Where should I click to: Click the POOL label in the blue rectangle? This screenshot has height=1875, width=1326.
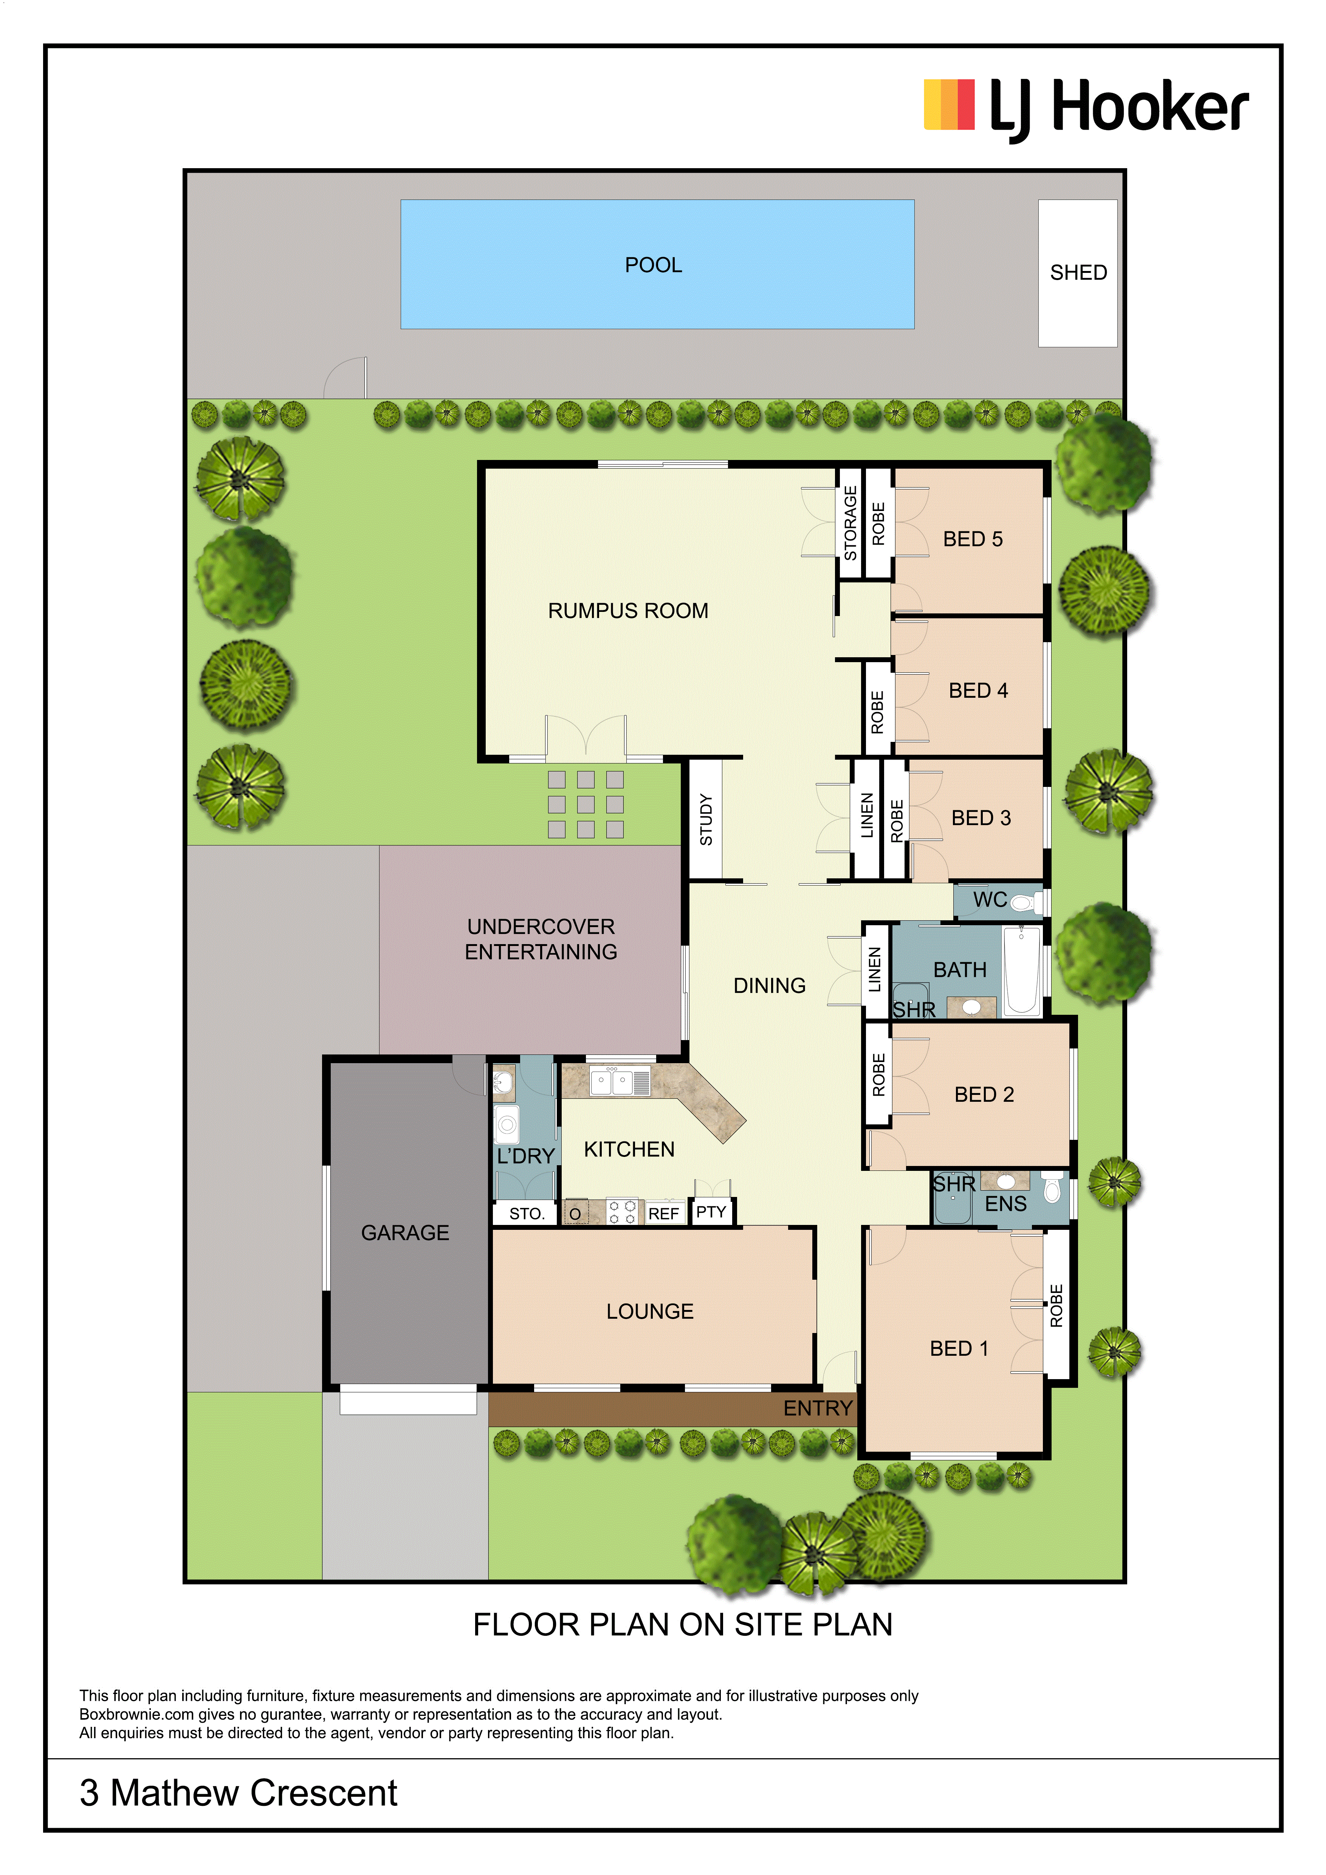pos(653,265)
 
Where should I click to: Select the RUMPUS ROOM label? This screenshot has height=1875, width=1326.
pos(628,611)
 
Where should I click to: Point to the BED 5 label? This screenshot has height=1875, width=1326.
pos(973,539)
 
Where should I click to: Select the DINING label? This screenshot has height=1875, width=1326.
pos(769,986)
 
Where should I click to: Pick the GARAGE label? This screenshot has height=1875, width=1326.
pos(405,1232)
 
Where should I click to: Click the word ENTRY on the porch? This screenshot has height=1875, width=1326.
pos(818,1408)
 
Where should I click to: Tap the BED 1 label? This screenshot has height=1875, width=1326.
pos(959,1348)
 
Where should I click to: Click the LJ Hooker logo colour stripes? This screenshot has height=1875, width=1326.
pos(949,105)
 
